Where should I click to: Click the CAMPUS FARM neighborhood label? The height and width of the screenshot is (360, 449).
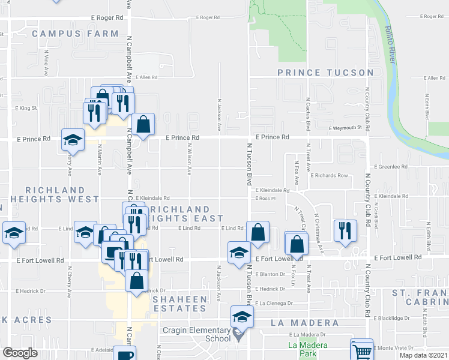75,34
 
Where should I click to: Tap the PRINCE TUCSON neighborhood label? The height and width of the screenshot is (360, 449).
325,73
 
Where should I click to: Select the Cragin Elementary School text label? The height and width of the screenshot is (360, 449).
196,334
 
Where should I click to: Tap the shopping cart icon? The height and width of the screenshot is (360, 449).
361,350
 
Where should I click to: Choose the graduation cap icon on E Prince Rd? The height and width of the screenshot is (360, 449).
73,140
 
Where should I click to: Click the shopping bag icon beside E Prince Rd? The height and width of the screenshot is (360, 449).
143,124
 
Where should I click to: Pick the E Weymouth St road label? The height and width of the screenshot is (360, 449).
346,128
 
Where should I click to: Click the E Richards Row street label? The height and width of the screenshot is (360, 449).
329,175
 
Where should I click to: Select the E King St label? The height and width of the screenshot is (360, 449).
26,109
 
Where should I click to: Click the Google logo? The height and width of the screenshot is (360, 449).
20,353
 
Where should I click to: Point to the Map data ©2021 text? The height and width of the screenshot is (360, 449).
423,355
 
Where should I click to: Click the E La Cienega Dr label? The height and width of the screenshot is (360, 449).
273,304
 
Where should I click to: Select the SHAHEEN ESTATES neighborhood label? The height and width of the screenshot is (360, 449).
179,304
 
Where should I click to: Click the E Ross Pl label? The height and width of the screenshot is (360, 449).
265,198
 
